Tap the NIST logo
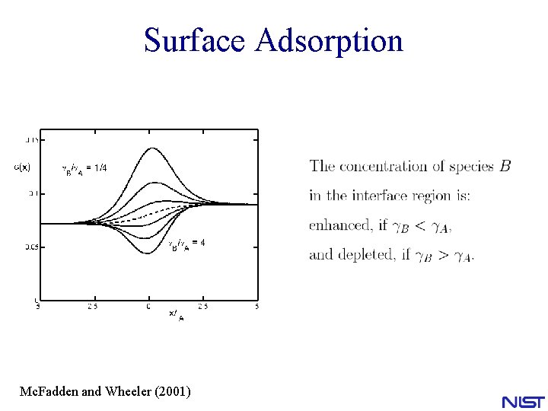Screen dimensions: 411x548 coord(523,402)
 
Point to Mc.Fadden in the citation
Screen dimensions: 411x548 coord(49,392)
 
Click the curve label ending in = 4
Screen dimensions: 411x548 coord(186,243)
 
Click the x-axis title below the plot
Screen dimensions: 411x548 coord(176,315)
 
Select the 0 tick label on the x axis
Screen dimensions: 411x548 coord(149,307)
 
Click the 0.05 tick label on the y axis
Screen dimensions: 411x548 coord(31,247)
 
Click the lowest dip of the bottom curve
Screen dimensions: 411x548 coord(148,253)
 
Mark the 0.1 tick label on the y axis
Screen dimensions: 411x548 coord(33,193)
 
